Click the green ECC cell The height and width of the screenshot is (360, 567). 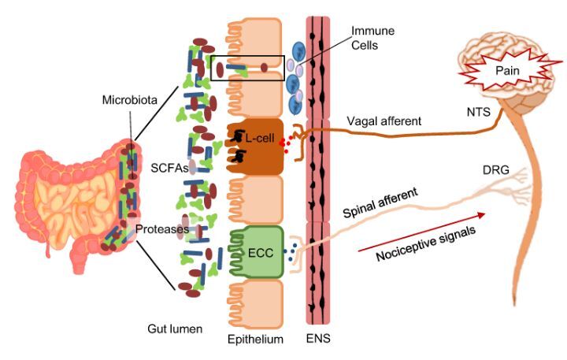click(255, 252)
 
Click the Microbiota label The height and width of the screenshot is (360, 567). click(128, 99)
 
